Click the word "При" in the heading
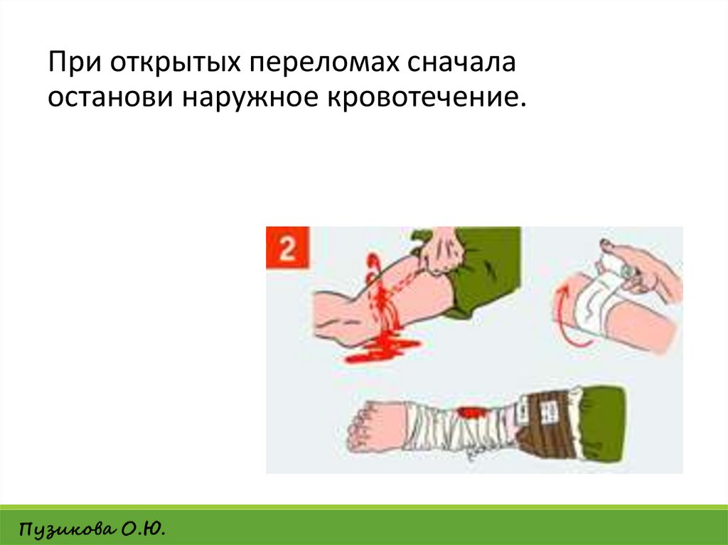pos(75,62)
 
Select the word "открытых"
pos(176,63)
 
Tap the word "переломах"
pos(324,63)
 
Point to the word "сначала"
pos(461,63)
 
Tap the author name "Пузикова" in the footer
pos(66,529)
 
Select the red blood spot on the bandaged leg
pos(469,412)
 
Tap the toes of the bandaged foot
pos(358,427)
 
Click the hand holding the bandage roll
pos(646,270)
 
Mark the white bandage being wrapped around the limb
pos(599,297)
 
